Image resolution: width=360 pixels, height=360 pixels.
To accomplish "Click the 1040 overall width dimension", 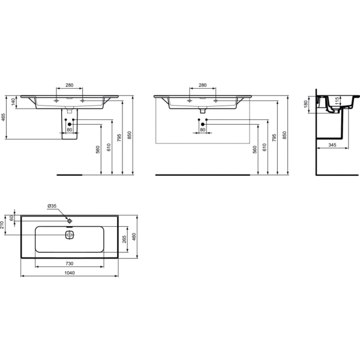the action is click(x=70, y=273).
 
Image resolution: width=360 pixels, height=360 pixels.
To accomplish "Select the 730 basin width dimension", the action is click(x=70, y=263).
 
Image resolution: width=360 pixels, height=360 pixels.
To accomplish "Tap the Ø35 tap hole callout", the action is click(x=52, y=206).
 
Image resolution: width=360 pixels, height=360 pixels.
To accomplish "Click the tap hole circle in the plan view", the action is click(x=70, y=221).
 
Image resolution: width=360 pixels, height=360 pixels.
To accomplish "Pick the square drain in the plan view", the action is click(x=70, y=235).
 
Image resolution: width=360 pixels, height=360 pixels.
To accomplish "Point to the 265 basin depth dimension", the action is click(x=124, y=239).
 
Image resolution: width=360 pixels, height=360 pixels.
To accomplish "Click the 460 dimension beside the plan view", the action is click(x=134, y=237).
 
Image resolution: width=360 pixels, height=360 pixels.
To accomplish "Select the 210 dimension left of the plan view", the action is click(x=2, y=225).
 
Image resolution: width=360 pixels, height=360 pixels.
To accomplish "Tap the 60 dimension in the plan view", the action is click(x=12, y=218).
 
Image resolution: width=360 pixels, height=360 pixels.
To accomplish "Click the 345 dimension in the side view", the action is click(x=332, y=145).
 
